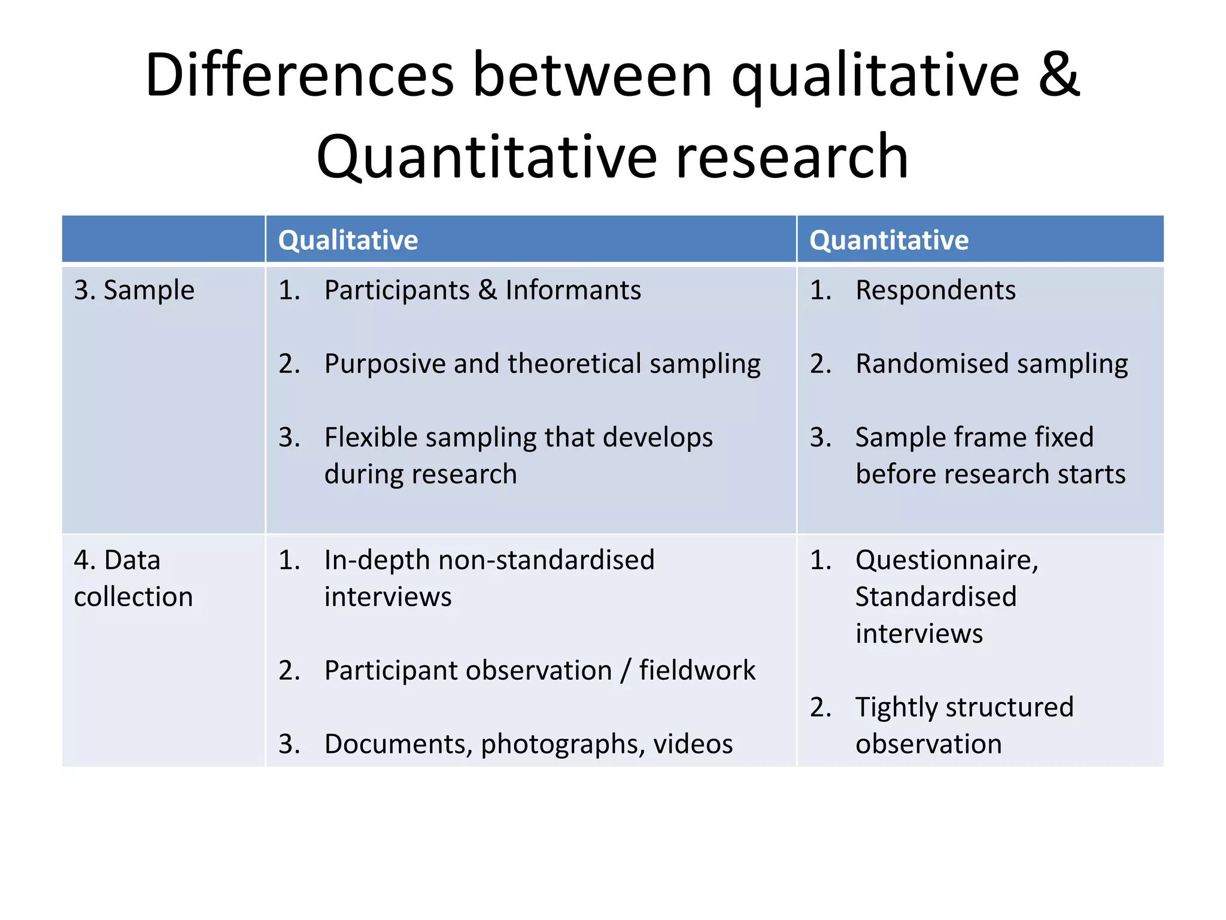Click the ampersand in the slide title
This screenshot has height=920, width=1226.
[1058, 75]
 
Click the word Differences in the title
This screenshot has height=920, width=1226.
[299, 75]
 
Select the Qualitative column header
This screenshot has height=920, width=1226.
[348, 240]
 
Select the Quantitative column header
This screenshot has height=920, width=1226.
[888, 240]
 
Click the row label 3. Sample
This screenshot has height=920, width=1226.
[134, 290]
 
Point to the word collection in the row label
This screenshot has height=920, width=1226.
[133, 597]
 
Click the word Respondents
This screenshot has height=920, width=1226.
[935, 290]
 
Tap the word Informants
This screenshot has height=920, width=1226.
[573, 290]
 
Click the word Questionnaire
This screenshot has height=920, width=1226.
[946, 561]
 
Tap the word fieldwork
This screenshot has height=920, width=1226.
[697, 670]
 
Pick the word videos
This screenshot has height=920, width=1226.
[693, 745]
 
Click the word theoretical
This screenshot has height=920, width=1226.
[574, 364]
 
